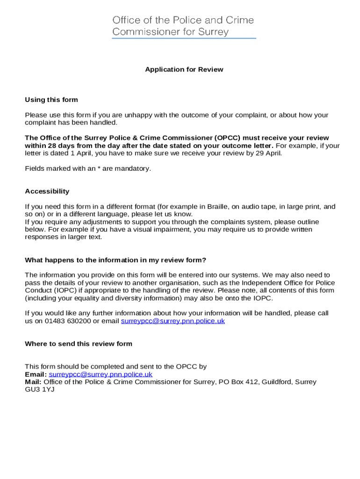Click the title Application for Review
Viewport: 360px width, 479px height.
tap(184, 70)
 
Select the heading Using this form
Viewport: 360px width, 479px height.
tap(51, 100)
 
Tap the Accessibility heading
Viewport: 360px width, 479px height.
tap(47, 191)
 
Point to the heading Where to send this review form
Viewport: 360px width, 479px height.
tap(79, 344)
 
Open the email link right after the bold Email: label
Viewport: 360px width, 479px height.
tap(101, 374)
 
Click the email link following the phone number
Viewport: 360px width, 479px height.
tap(173, 321)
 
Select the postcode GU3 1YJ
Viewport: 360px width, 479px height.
tap(40, 389)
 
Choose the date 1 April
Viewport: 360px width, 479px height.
tap(79, 153)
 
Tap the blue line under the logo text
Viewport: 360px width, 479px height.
tap(184, 38)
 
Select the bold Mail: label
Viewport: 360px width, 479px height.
tap(33, 382)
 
